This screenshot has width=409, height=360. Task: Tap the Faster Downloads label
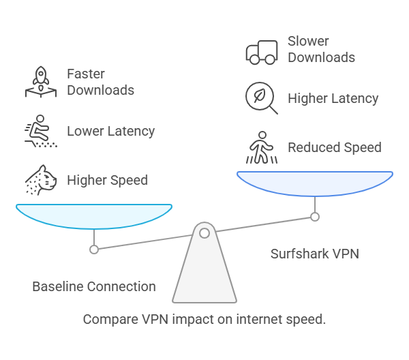coord(100,82)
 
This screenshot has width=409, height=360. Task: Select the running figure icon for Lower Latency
coord(38,131)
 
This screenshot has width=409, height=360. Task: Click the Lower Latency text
coord(110,131)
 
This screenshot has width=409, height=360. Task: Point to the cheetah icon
coord(38,180)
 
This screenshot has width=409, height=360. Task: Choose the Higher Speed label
coord(107,181)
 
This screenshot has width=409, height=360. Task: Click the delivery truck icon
coord(261,52)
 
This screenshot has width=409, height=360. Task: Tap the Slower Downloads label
coord(321,49)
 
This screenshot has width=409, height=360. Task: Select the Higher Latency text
coord(333,98)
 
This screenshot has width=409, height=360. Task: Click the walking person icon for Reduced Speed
coord(261,148)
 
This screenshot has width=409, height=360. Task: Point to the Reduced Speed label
coord(334,147)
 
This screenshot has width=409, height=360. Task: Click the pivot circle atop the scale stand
coord(204,233)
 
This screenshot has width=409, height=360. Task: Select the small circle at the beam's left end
coord(94,249)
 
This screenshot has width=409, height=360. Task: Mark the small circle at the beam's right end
coord(315,217)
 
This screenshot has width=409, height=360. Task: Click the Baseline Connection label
coord(94,286)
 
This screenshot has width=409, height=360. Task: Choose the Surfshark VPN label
coord(314,254)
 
